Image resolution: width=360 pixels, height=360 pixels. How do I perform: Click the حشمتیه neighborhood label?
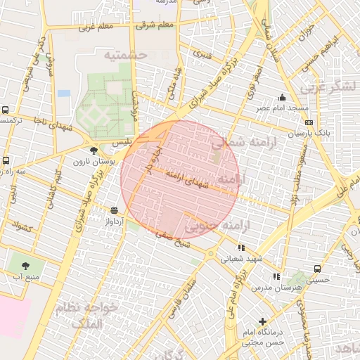(124, 54)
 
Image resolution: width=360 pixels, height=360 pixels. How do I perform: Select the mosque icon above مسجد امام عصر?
(282, 97)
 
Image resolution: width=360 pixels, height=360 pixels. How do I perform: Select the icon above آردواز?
(114, 210)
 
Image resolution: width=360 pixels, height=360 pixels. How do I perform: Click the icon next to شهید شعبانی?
(241, 247)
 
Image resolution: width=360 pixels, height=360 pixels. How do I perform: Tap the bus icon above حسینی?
(317, 269)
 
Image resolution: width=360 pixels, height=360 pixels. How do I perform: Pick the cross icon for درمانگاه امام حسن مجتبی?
(263, 321)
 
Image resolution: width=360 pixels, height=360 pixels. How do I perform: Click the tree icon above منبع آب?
(26, 266)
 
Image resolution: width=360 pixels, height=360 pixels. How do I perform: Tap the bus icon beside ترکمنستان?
(6, 110)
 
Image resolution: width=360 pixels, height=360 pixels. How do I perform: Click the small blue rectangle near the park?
(64, 93)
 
